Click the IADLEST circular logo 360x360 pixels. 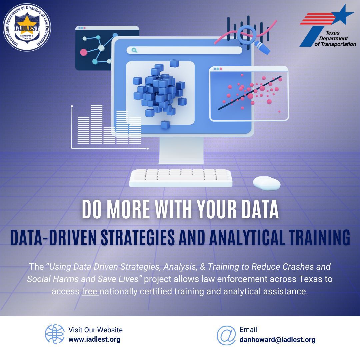pos(27,28)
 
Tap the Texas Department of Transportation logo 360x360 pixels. pos(328,27)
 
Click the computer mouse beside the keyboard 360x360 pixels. pos(266,183)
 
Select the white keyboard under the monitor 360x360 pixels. pos(181,177)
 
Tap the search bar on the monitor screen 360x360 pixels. pos(184,50)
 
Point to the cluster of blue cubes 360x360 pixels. pos(160,92)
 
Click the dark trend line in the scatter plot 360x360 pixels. pos(250,93)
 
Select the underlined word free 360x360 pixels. pos(90,291)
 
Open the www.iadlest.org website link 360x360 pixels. pos(94,340)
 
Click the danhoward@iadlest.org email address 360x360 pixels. pos(277,340)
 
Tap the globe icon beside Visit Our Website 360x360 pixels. pos(55,334)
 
